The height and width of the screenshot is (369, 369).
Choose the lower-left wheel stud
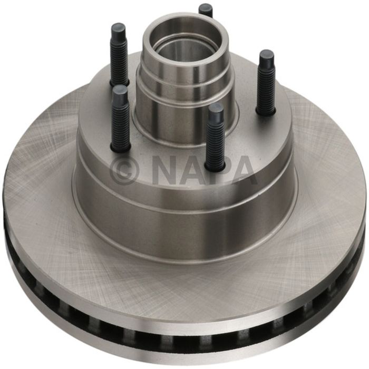(120, 119)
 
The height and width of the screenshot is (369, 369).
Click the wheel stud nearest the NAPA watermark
(215, 137)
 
